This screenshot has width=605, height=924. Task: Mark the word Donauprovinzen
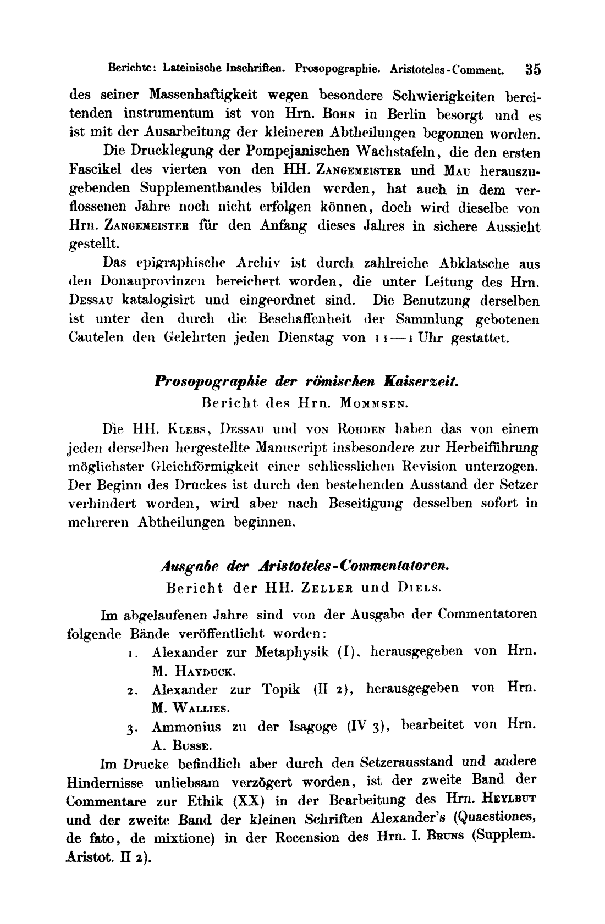[153, 282]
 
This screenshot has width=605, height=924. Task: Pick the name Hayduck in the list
[201, 671]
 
